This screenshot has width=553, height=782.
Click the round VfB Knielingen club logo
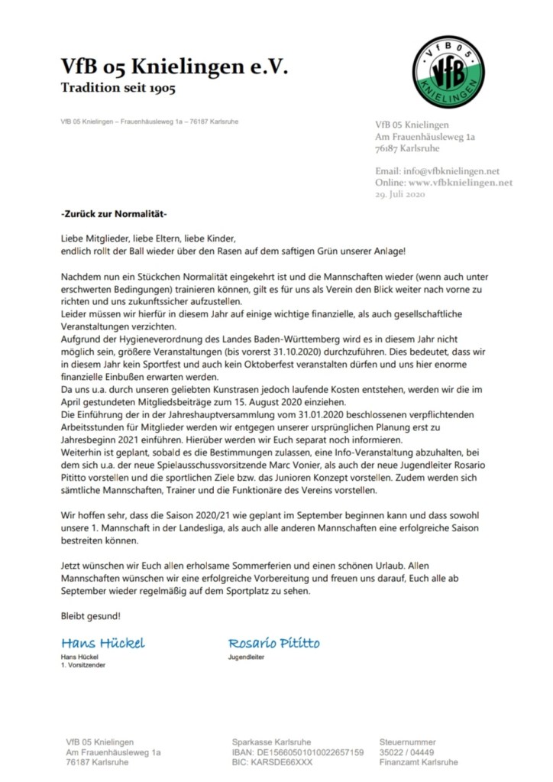(449, 72)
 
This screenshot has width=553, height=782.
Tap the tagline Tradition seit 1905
(118, 89)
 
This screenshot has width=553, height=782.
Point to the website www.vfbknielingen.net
(461, 183)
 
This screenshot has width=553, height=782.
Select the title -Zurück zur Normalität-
(113, 213)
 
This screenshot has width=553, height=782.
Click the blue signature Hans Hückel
(102, 642)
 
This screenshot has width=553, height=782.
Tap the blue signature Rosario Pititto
(274, 642)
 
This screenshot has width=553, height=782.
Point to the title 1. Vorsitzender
(82, 665)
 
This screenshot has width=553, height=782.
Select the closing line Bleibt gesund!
(90, 615)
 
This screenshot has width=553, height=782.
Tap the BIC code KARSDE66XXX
(273, 762)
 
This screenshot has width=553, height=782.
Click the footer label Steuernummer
(408, 742)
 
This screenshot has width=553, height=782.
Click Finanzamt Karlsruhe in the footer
(419, 762)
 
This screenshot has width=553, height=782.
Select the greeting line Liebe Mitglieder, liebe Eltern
(149, 238)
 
